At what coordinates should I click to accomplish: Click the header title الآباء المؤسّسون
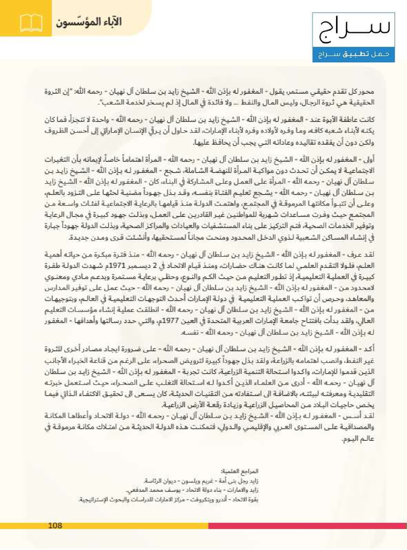click(89, 23)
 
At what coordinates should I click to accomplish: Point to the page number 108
click(55, 525)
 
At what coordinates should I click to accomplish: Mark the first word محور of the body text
click(368, 92)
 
